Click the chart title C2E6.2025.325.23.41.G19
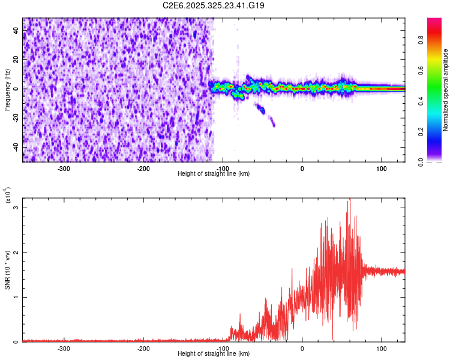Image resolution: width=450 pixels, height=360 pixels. [214, 5]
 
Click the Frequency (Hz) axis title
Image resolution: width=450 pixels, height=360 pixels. [8, 89]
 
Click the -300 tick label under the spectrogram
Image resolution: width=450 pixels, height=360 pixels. [64, 168]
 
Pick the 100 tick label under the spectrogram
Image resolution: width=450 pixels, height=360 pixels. [381, 168]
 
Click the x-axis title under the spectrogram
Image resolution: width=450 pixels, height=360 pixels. [214, 173]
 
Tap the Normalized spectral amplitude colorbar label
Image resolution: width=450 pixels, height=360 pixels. [446, 90]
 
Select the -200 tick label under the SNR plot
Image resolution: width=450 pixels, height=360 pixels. [143, 348]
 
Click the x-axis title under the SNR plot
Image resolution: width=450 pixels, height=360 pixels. [214, 353]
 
